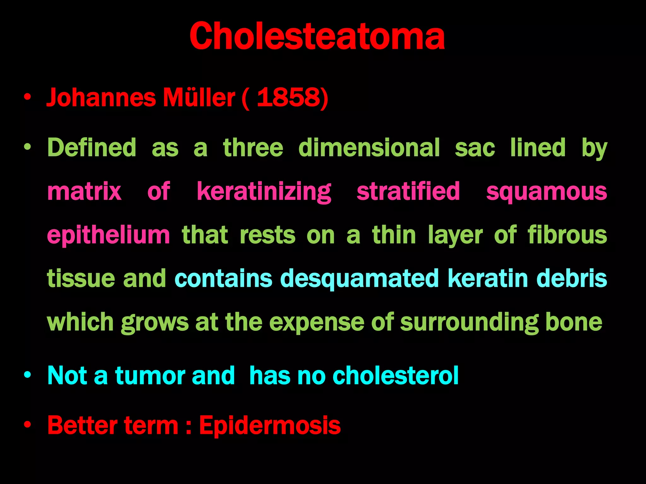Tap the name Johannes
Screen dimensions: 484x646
pyautogui.click(x=101, y=98)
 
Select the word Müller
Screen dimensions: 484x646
pyautogui.click(x=199, y=98)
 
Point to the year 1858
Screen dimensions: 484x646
pyautogui.click(x=289, y=98)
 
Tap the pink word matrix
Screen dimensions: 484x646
pyautogui.click(x=84, y=191)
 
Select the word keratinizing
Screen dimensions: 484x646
pyautogui.click(x=264, y=192)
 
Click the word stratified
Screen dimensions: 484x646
pyautogui.click(x=408, y=191)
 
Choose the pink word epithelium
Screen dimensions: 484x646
pyautogui.click(x=109, y=235)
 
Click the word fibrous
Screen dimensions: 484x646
pyautogui.click(x=567, y=235)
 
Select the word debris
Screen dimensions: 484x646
pyautogui.click(x=572, y=279)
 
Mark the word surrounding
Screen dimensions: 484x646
pyautogui.click(x=469, y=322)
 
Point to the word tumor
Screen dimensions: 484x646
pyautogui.click(x=150, y=375)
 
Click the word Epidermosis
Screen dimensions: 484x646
pyautogui.click(x=270, y=425)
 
